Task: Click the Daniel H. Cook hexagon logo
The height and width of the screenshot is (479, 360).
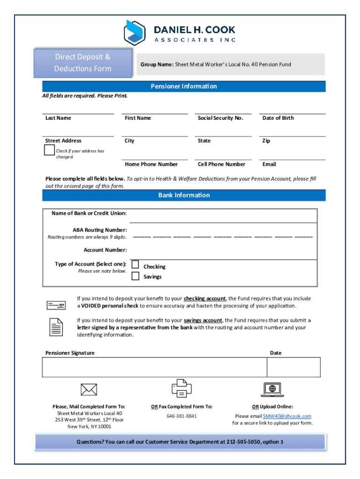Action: pyautogui.click(x=135, y=32)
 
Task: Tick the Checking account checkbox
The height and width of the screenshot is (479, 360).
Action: pyautogui.click(x=135, y=264)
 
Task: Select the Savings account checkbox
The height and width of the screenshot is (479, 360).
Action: pyautogui.click(x=135, y=276)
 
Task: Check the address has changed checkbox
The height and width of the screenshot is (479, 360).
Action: pyautogui.click(x=49, y=150)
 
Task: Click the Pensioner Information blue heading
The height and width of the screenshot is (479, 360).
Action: pyautogui.click(x=184, y=86)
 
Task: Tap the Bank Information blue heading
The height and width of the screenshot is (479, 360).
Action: pyautogui.click(x=184, y=195)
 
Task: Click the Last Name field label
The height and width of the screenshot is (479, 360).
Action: pyautogui.click(x=58, y=118)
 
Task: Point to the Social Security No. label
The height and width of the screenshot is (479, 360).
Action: pyautogui.click(x=220, y=118)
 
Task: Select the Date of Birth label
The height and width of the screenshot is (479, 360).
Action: pyautogui.click(x=278, y=118)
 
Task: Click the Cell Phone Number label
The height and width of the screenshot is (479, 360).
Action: pyautogui.click(x=221, y=164)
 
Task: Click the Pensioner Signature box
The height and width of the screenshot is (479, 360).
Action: pyautogui.click(x=154, y=367)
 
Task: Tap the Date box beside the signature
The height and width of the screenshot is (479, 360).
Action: pyautogui.click(x=294, y=367)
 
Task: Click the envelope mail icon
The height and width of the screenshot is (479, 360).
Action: pyautogui.click(x=89, y=389)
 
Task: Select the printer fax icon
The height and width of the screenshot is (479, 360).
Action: pyautogui.click(x=181, y=388)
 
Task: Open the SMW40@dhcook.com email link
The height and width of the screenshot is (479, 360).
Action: pyautogui.click(x=287, y=416)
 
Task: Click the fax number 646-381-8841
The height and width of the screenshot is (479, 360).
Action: pyautogui.click(x=181, y=416)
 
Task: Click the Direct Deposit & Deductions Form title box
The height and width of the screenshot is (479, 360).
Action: pyautogui.click(x=83, y=63)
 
